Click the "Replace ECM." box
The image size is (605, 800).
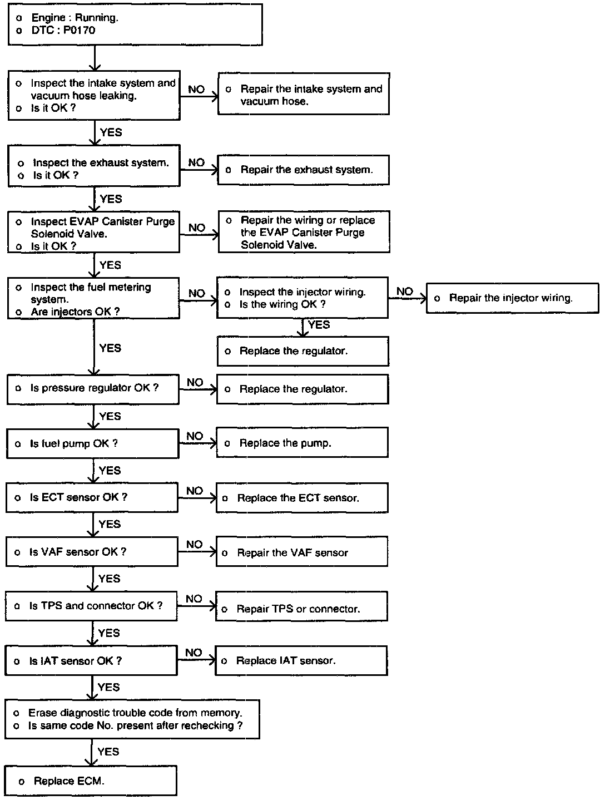click(91, 781)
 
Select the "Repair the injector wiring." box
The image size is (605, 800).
click(512, 298)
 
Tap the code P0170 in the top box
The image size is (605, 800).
click(79, 31)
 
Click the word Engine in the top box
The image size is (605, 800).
click(49, 18)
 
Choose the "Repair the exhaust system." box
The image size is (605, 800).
click(304, 170)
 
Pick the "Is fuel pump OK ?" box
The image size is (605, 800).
click(92, 443)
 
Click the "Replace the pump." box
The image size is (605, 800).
click(302, 443)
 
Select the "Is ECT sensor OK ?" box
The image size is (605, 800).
click(92, 497)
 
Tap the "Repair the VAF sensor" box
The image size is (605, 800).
click(301, 552)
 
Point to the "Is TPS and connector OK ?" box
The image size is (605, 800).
click(92, 606)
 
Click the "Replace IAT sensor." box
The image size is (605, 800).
click(301, 660)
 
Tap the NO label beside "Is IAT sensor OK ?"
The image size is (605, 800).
click(194, 653)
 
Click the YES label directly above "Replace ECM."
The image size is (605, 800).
click(108, 752)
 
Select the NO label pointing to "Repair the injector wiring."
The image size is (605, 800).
click(405, 291)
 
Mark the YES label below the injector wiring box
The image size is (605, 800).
click(319, 325)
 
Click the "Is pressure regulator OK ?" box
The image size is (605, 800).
click(93, 388)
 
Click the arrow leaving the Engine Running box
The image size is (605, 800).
click(95, 58)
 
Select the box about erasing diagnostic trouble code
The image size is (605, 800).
click(132, 719)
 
